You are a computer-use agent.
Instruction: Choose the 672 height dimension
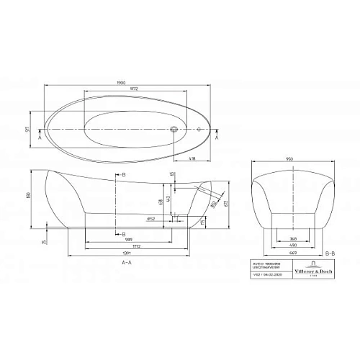227,204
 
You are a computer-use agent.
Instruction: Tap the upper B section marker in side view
124,176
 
